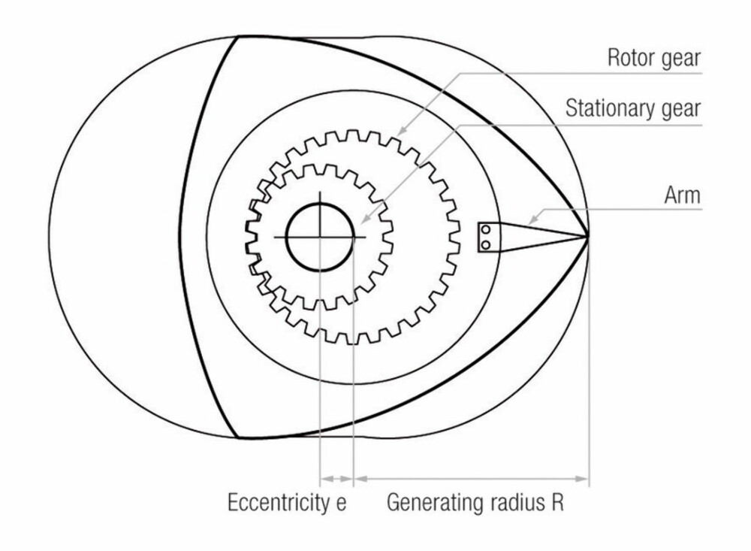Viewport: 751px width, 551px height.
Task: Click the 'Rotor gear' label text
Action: [x=654, y=59]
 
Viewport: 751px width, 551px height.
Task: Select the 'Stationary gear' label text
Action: [x=632, y=108]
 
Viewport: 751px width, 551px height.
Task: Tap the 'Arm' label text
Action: [x=682, y=195]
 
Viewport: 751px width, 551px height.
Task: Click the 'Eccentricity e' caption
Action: [x=286, y=503]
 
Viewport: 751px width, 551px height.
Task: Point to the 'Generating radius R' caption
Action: [x=475, y=503]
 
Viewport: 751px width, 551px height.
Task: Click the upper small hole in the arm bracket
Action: [x=486, y=230]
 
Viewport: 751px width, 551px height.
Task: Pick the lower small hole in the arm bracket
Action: [x=486, y=245]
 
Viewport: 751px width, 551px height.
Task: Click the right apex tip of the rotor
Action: [x=588, y=236]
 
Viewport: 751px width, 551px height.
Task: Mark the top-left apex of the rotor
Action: [x=238, y=36]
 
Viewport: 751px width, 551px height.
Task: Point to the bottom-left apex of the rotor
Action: [x=238, y=437]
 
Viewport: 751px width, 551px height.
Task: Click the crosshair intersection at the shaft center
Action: [x=319, y=237]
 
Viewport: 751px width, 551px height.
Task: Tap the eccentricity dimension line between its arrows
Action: [x=336, y=479]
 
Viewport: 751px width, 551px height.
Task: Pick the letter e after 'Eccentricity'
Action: [x=340, y=504]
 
